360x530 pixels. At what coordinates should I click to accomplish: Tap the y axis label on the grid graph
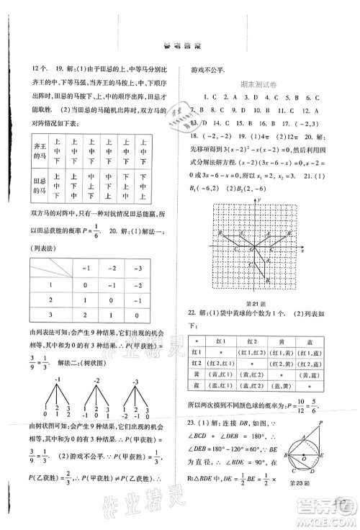(x=257, y=197)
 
